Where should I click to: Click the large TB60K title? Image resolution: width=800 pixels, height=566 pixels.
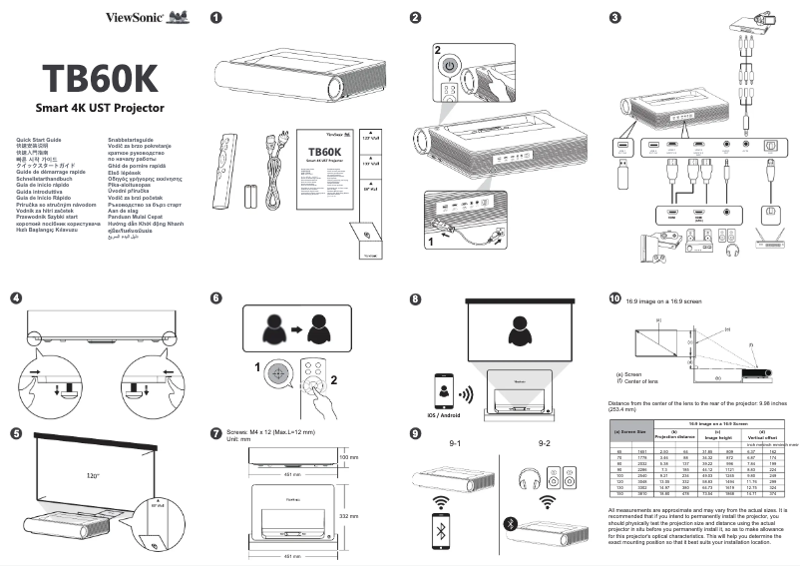[100, 77]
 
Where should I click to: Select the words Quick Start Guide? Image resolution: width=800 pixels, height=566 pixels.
[33, 139]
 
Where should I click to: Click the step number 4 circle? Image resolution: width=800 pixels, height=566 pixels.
[15, 297]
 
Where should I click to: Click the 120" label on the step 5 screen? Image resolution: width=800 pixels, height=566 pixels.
[94, 476]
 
